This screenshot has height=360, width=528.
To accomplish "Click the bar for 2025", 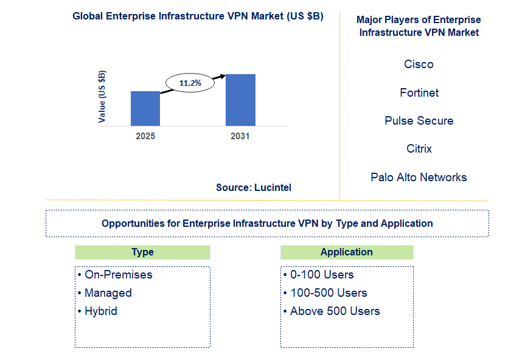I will click(x=145, y=108).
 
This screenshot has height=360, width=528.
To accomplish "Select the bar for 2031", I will click(x=240, y=100).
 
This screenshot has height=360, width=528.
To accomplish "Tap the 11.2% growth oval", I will click(x=190, y=82).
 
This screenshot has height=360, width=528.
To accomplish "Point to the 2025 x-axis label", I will click(x=145, y=136).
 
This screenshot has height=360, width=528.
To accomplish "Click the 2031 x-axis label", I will click(x=240, y=136).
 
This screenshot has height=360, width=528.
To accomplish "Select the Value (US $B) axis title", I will click(x=102, y=97).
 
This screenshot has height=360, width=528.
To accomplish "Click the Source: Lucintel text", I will click(x=254, y=187).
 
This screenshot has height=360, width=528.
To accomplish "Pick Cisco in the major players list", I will click(x=419, y=64).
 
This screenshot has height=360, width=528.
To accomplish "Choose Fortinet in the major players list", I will click(x=419, y=92).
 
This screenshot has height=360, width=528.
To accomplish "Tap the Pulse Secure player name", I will click(x=419, y=120).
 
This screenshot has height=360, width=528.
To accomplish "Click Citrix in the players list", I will click(x=419, y=148).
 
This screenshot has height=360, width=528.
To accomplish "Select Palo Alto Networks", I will click(x=419, y=177).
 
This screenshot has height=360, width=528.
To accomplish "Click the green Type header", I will click(x=142, y=252).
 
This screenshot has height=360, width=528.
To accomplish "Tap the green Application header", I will click(x=347, y=252).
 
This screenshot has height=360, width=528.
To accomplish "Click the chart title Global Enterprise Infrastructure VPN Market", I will click(x=198, y=16).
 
